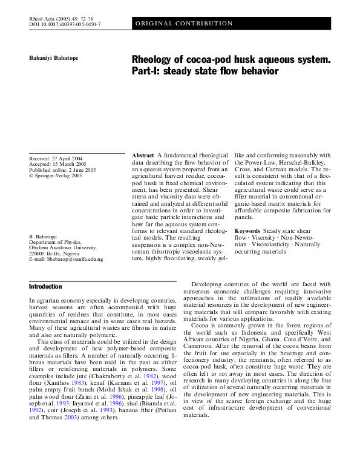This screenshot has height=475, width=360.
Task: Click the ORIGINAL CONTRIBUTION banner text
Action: (x=184, y=24)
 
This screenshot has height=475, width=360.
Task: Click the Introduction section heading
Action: (x=45, y=286)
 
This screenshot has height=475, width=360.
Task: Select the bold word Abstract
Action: (x=143, y=156)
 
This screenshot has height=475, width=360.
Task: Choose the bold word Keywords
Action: (x=247, y=231)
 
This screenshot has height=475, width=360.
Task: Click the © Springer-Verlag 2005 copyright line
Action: (x=55, y=176)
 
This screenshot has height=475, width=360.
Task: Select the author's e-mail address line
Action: (x=66, y=260)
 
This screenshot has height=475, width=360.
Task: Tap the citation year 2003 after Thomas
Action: (x=70, y=417)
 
